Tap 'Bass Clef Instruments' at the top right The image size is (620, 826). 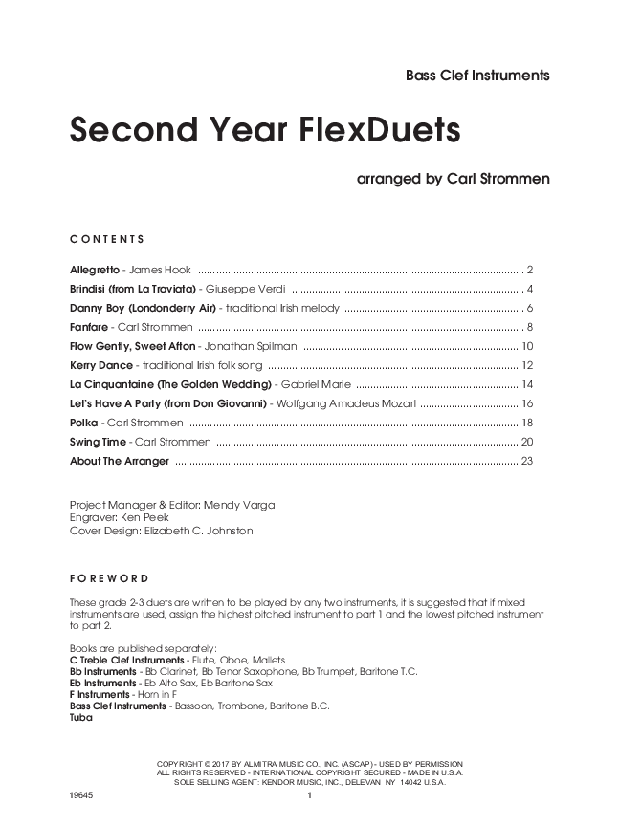[476, 76]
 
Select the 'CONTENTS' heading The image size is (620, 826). [106, 238]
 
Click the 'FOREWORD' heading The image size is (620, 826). [108, 578]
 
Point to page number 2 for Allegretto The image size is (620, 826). [529, 270]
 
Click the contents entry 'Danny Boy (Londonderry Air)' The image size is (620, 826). [143, 308]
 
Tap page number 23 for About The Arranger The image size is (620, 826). [525, 461]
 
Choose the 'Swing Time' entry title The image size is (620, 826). [98, 442]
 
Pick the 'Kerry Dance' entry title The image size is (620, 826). [100, 365]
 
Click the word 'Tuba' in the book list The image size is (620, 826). [81, 719]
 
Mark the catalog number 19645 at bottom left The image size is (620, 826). [82, 796]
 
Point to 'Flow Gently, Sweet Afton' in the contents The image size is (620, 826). [132, 346]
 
